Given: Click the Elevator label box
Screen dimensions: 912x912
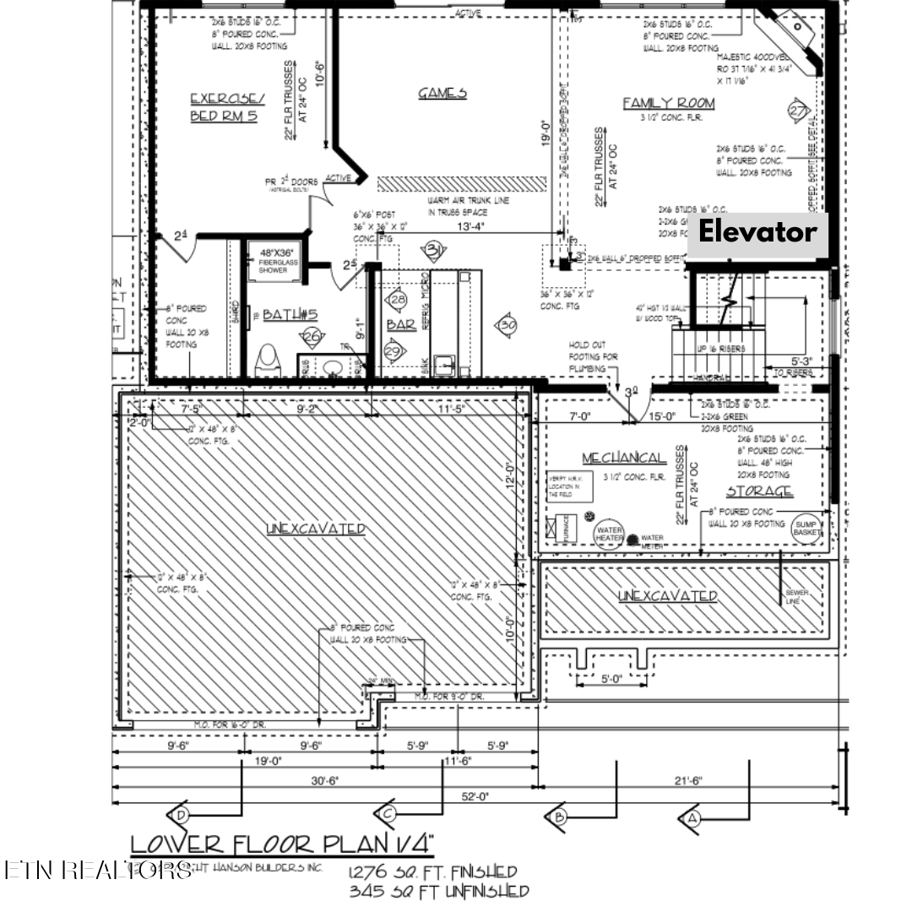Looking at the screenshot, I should click(x=757, y=232).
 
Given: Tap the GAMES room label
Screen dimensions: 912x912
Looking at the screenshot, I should click(x=442, y=93).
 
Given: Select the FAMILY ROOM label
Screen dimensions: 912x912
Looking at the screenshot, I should click(x=668, y=103).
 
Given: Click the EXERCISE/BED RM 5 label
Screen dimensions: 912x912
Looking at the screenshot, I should click(x=226, y=107).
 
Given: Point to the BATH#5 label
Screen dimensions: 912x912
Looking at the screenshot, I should click(x=289, y=315).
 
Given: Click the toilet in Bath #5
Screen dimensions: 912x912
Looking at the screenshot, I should click(x=268, y=361).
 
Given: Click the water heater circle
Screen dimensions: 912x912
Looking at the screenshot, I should click(x=610, y=534).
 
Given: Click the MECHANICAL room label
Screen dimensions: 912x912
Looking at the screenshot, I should click(x=623, y=458).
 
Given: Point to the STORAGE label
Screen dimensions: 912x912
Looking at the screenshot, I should click(x=759, y=491).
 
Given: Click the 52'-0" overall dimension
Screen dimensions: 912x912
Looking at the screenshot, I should click(x=475, y=795).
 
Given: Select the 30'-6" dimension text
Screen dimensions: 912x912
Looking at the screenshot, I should click(x=325, y=781).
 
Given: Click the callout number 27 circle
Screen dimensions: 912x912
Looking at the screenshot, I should click(x=798, y=111).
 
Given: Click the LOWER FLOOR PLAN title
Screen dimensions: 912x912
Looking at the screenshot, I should click(x=282, y=843).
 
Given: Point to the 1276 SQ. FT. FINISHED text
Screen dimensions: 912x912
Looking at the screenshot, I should click(x=432, y=871).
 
